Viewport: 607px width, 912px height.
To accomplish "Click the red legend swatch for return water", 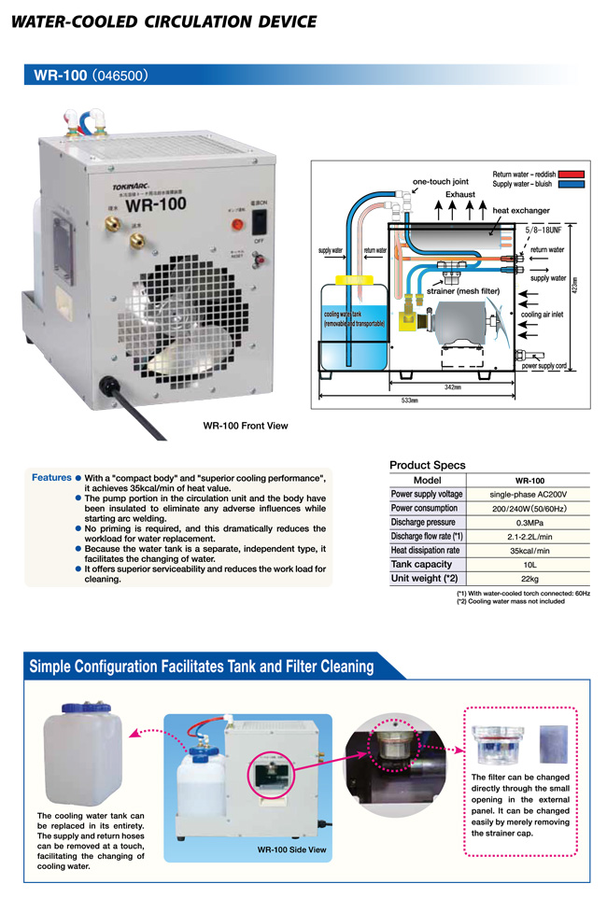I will pos(572,174).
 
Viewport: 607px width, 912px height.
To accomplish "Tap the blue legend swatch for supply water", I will pos(572,184).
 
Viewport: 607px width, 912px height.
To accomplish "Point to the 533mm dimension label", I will pos(408,401).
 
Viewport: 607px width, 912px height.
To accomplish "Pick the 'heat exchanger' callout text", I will pos(521,211).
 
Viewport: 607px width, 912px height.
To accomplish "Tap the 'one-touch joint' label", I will pos(440,181).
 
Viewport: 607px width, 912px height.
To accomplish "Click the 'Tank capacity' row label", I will pos(421,564).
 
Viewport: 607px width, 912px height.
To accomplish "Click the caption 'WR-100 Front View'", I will pos(246,426).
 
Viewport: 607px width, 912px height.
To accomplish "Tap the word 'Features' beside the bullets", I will pos(51,478).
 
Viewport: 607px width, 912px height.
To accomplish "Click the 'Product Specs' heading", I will pos(427,465).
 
